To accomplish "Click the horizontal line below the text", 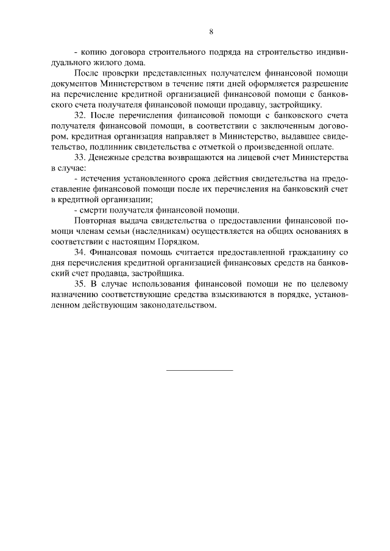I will point(200,369).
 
